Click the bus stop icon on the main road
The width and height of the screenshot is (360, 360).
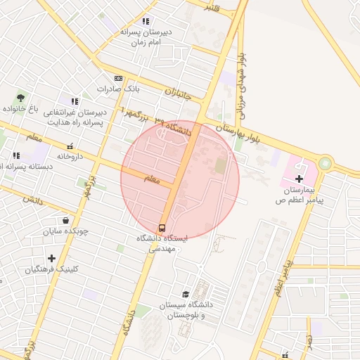click(162, 228)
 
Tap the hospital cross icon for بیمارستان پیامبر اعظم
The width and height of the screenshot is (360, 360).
click(299, 179)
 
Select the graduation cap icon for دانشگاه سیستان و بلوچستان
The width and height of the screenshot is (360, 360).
click(186, 294)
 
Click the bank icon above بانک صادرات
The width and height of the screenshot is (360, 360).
click(118, 79)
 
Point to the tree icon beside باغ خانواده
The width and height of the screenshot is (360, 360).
click(20, 98)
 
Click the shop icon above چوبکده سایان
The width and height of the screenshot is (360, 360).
click(65, 220)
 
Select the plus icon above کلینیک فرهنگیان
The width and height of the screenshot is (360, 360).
click(51, 258)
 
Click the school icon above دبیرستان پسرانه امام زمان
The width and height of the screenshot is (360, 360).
click(146, 22)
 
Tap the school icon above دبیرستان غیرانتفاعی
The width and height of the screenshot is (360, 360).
click(75, 102)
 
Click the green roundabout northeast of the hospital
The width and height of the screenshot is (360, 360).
click(325, 164)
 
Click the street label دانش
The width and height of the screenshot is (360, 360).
click(32, 200)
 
